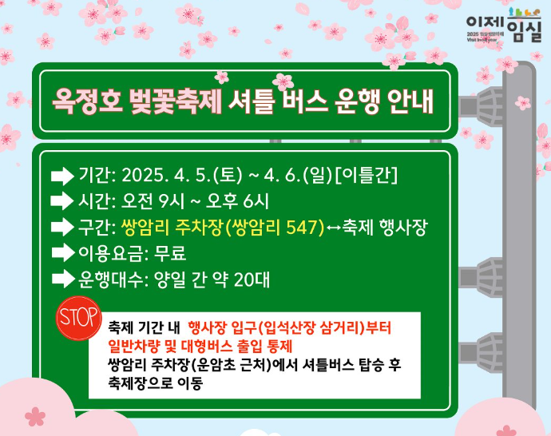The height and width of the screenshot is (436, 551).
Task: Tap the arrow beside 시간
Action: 61,201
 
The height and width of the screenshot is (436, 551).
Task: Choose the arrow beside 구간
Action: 61,227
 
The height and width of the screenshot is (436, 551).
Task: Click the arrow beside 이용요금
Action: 61,253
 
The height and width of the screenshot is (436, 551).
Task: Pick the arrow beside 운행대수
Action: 61,279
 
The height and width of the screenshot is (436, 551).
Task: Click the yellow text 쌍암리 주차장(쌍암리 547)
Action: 222,227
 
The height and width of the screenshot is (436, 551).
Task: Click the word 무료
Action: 170,253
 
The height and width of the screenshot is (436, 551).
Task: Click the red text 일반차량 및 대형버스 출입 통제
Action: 200,346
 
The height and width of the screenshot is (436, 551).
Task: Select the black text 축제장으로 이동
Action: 156,382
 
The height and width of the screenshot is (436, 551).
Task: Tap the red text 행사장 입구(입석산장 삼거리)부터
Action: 291,328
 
